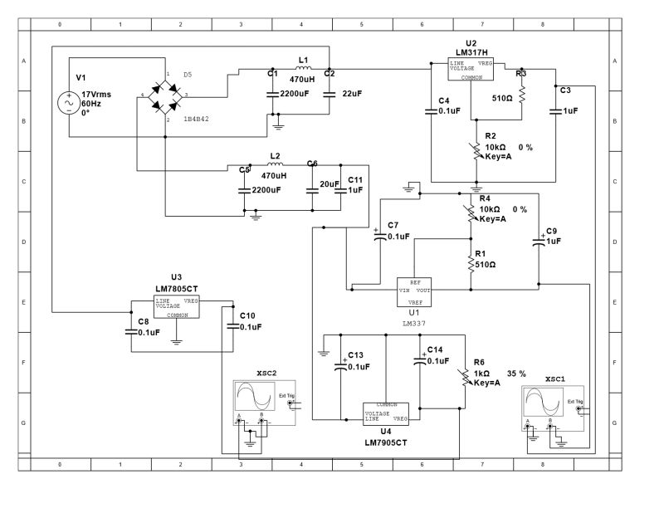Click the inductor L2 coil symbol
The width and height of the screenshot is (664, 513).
pos(275,164)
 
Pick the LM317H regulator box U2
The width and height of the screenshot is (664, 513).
pos(471,70)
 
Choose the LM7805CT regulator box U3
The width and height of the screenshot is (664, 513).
pos(177,307)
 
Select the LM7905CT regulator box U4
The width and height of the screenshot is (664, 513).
pos(387,412)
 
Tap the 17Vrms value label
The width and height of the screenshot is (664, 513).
pos(96,95)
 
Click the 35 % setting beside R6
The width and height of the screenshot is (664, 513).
pos(516,374)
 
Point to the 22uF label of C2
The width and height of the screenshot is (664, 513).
pos(351,94)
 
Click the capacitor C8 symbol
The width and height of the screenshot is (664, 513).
pos(132,333)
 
